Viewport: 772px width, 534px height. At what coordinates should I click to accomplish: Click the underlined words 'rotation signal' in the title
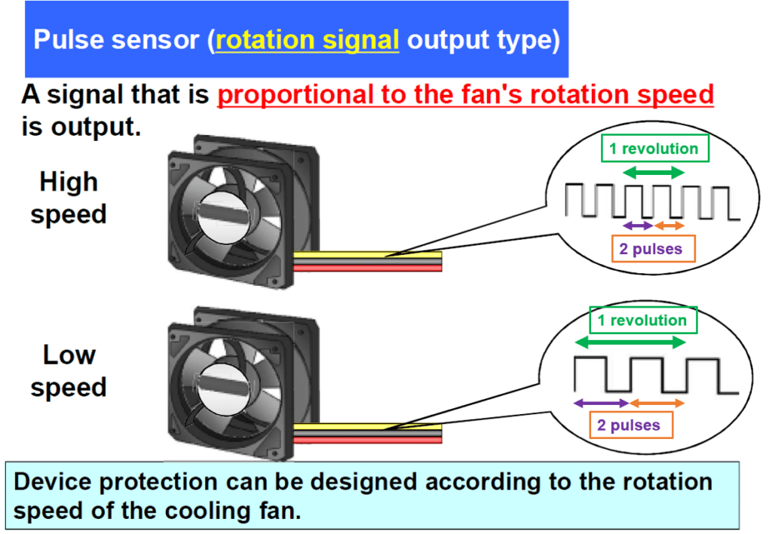(307, 40)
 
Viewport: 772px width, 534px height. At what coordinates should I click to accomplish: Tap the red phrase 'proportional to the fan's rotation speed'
(465, 95)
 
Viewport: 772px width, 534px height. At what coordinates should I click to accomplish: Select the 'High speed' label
(69, 198)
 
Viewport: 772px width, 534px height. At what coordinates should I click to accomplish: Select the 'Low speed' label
(69, 371)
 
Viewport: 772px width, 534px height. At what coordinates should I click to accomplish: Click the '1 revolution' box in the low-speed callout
(642, 321)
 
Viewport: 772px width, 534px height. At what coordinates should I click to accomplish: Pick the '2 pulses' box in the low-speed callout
(628, 425)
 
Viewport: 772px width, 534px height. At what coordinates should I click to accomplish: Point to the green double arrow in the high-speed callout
(654, 173)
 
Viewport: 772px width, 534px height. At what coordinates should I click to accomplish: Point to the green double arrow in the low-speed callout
(630, 342)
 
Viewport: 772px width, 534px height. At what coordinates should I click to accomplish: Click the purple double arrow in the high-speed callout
(637, 226)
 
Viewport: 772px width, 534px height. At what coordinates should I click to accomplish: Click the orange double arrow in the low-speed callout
(657, 404)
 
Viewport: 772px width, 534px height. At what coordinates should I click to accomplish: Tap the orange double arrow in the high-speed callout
(669, 226)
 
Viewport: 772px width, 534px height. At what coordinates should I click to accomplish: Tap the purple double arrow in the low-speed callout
(601, 404)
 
